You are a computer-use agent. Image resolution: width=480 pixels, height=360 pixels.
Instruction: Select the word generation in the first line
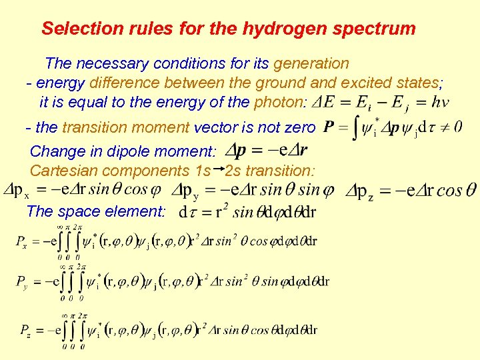(x=311, y=64)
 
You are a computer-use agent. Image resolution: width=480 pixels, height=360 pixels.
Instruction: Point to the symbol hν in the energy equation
(x=440, y=103)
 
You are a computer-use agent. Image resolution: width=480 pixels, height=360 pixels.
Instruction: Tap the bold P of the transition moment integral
(x=327, y=127)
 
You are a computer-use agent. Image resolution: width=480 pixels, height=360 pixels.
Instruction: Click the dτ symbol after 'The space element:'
(x=187, y=213)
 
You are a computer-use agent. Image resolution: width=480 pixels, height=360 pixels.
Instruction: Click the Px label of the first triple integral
(x=22, y=241)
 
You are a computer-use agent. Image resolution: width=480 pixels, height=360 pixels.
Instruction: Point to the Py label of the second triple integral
(x=22, y=282)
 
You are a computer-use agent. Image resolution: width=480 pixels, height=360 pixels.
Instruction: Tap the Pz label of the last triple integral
(x=22, y=329)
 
